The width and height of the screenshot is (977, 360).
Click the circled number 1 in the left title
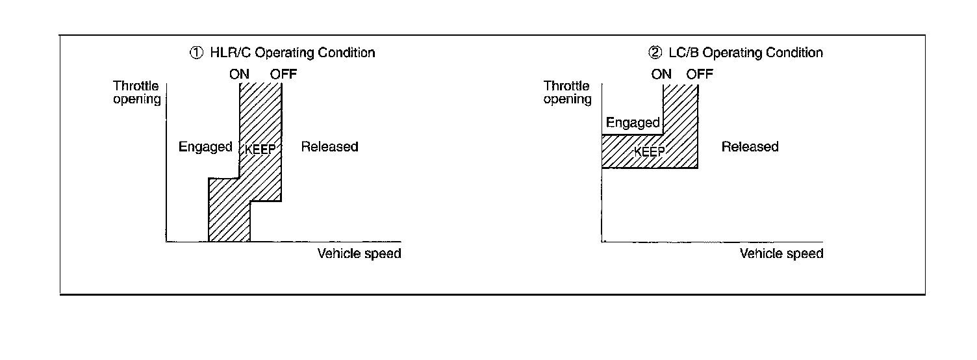195,53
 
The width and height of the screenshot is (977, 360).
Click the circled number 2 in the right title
656,53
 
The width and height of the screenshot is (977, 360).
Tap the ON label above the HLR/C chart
239,74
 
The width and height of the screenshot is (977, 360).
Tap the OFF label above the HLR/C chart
284,74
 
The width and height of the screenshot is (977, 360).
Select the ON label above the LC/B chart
661,74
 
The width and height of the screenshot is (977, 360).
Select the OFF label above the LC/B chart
700,74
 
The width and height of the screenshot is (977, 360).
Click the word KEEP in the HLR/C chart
262,149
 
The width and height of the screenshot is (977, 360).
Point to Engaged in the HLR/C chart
205,147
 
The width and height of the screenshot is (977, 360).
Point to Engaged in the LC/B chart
633,123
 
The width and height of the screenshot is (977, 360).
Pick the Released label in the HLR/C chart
329,147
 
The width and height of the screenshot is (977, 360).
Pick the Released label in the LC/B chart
750,147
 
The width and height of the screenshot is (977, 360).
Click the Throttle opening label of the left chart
136,92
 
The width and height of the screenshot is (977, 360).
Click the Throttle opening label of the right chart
567,92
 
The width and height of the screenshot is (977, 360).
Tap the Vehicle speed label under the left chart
359,253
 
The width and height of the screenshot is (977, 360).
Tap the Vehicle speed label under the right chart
781,253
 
